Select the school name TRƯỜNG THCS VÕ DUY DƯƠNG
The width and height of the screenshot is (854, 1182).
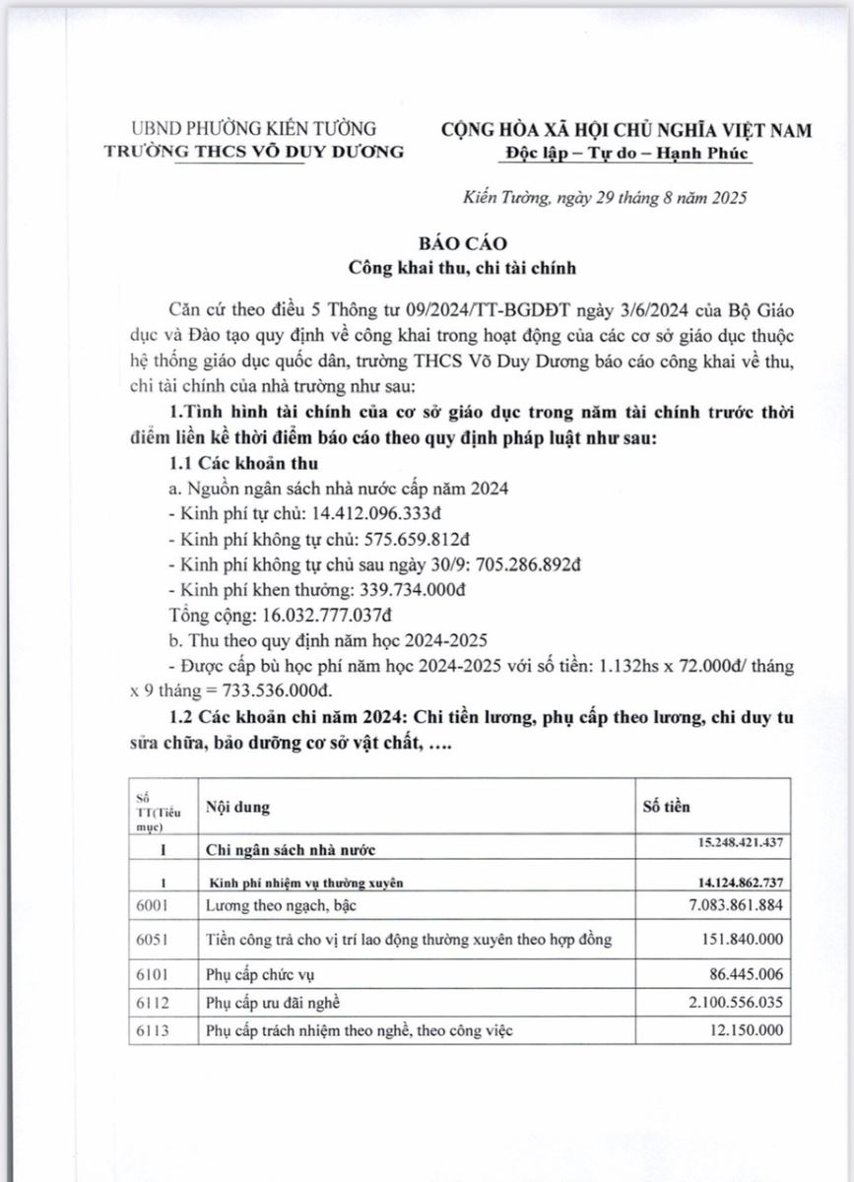[x=254, y=151]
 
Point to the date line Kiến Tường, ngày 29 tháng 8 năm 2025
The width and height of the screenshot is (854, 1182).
[x=605, y=198]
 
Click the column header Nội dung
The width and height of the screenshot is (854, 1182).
[x=236, y=807]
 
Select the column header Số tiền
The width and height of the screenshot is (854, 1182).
[x=666, y=806]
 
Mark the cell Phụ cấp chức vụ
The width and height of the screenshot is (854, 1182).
[x=261, y=974]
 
